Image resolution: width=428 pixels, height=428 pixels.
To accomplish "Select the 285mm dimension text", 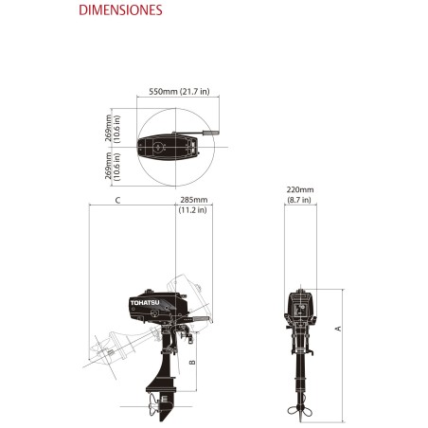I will tap(193, 201).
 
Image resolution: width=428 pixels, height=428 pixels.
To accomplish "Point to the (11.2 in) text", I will tap(193, 211).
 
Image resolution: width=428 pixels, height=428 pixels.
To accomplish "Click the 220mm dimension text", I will tap(299, 190).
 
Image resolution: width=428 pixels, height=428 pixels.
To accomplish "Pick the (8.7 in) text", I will tap(299, 201).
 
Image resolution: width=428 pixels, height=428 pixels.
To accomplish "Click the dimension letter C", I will tap(116, 201).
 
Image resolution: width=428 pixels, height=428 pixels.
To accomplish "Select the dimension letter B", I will tap(192, 362).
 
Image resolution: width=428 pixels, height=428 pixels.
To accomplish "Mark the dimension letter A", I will tap(338, 327).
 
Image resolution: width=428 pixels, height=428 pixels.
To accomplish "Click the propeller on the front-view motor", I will tap(300, 408).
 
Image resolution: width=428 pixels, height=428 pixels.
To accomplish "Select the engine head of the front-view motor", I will tap(300, 308).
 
